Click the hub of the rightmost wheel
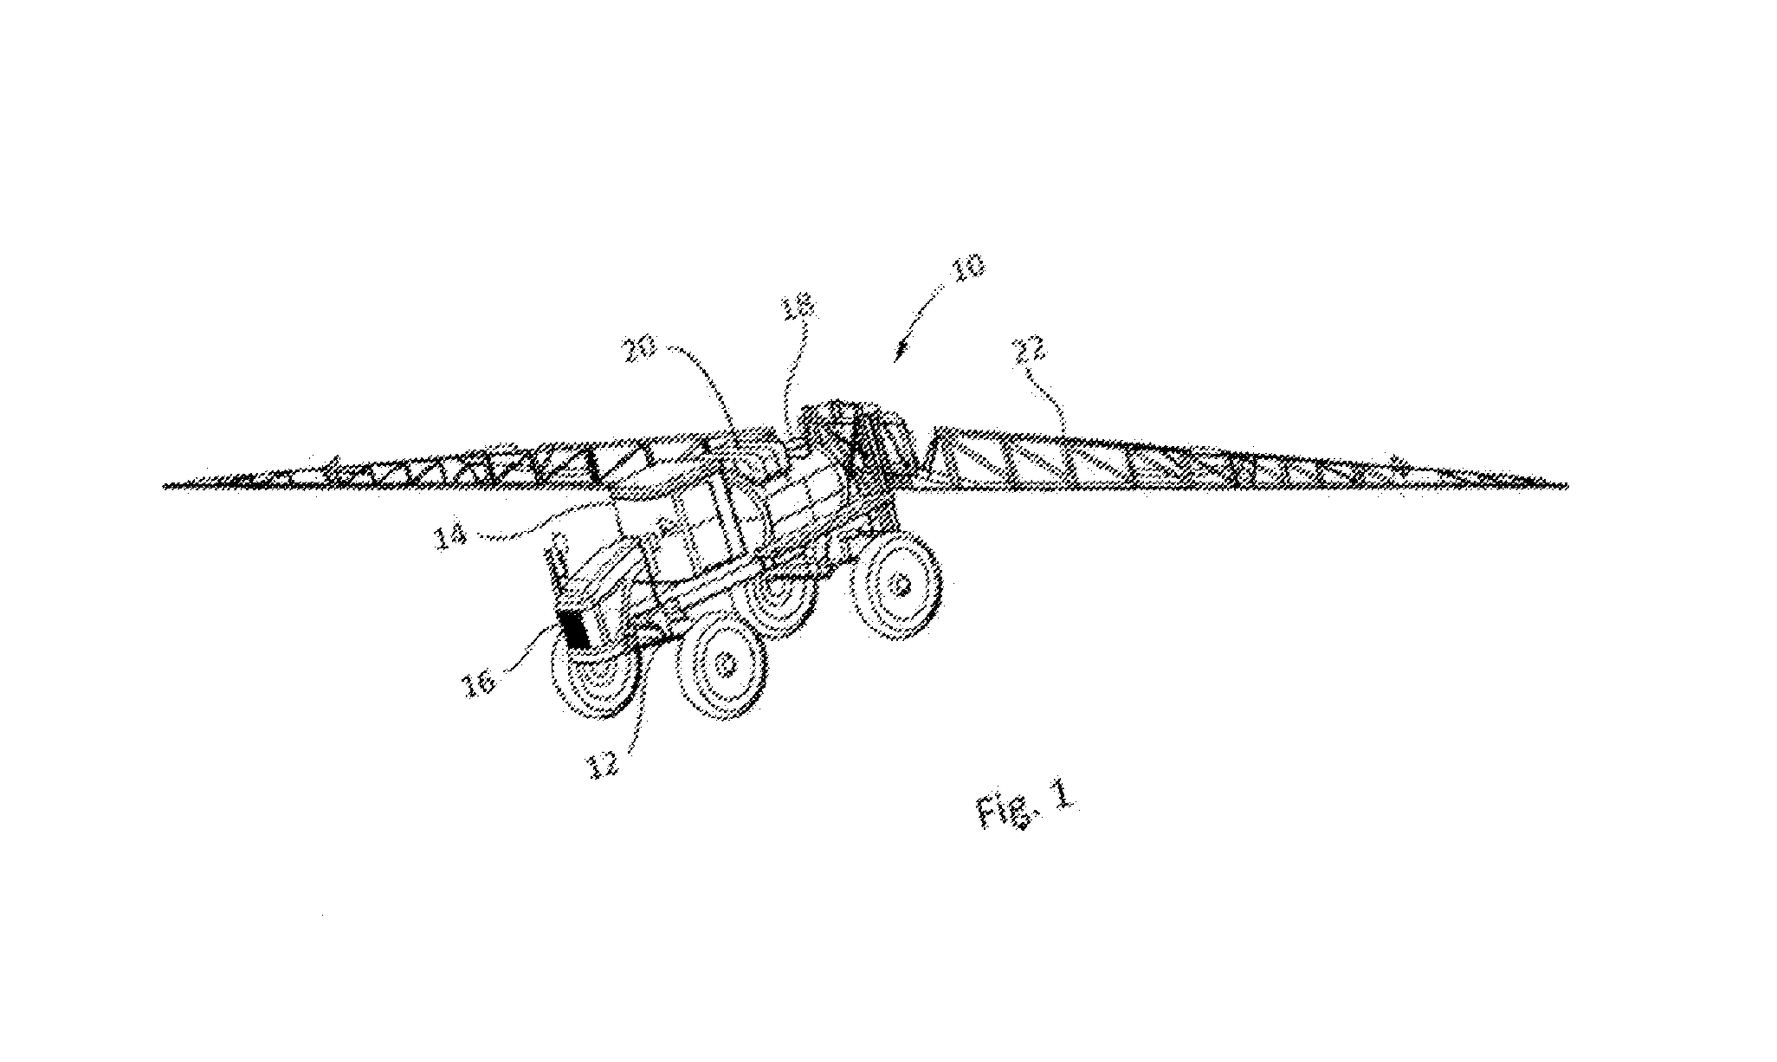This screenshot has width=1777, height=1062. pyautogui.click(x=901, y=586)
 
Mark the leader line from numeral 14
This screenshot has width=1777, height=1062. pyautogui.click(x=541, y=517)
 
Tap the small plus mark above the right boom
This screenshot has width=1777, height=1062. pyautogui.click(x=1393, y=460)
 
